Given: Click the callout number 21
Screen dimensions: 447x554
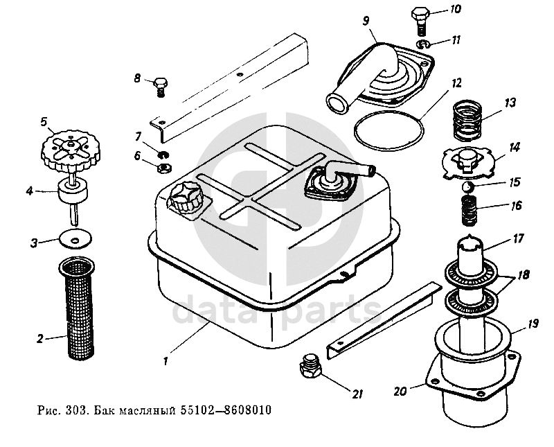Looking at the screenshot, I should (x=357, y=395).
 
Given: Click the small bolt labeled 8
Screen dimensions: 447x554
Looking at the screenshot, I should (x=159, y=86).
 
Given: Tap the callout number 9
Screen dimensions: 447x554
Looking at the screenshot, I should (x=366, y=21).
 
